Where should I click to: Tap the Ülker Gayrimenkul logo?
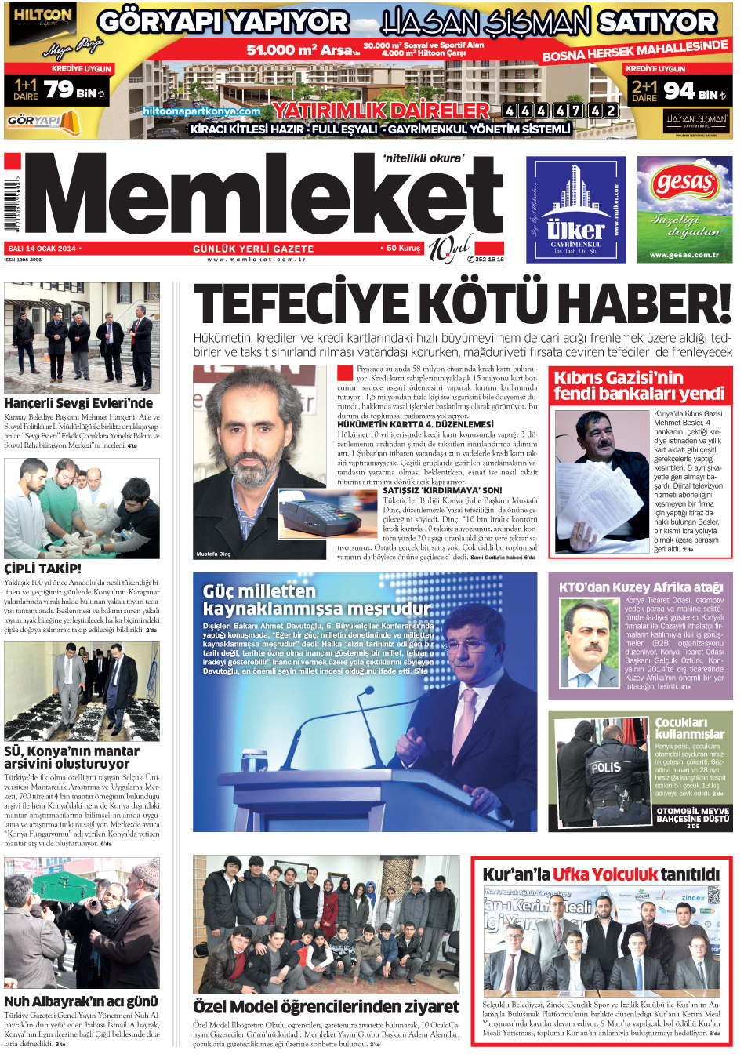click(x=575, y=210)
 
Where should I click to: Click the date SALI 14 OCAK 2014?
click(x=42, y=249)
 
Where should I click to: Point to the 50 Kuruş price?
click(x=403, y=248)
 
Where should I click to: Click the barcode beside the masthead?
click(x=11, y=204)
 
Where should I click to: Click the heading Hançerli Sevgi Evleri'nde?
click(x=78, y=403)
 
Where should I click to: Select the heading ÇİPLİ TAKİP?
click(x=42, y=569)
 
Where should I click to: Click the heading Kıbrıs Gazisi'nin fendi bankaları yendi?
click(x=639, y=386)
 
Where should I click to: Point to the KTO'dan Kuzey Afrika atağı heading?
click(x=641, y=587)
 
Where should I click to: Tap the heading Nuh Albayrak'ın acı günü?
click(x=81, y=1001)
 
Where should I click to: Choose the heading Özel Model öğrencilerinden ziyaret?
click(x=325, y=1006)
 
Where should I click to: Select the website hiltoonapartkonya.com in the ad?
click(x=201, y=111)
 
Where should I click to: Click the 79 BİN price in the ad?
click(x=74, y=90)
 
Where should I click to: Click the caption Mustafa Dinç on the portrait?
click(x=213, y=554)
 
